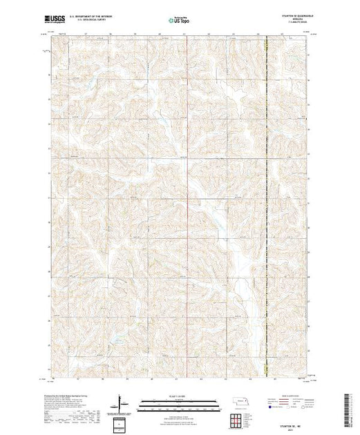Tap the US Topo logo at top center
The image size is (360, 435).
tap(180, 21)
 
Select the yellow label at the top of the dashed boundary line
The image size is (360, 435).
tap(267, 46)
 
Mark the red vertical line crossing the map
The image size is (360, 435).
tap(268, 207)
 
